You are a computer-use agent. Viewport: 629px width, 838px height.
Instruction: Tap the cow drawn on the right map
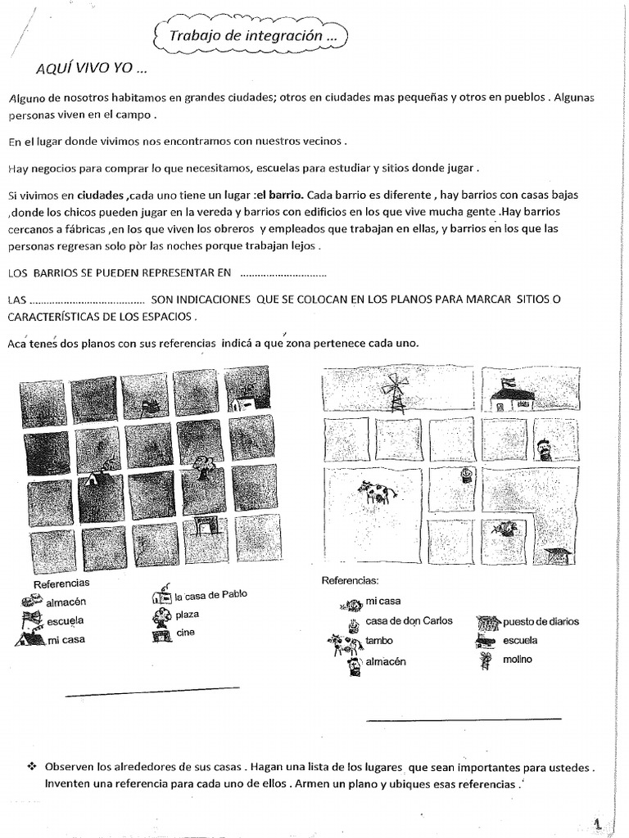point(376,492)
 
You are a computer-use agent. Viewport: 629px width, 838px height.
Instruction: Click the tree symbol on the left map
point(202,466)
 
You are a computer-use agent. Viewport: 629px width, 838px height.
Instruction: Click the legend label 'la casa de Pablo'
point(210,595)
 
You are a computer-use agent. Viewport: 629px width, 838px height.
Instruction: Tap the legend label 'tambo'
point(379,642)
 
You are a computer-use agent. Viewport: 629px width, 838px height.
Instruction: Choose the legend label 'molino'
point(518,660)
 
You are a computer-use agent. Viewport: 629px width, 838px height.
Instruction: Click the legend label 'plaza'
point(188,614)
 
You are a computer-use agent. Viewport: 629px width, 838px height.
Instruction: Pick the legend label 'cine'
point(185,633)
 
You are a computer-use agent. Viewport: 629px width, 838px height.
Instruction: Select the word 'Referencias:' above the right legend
point(350,579)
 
